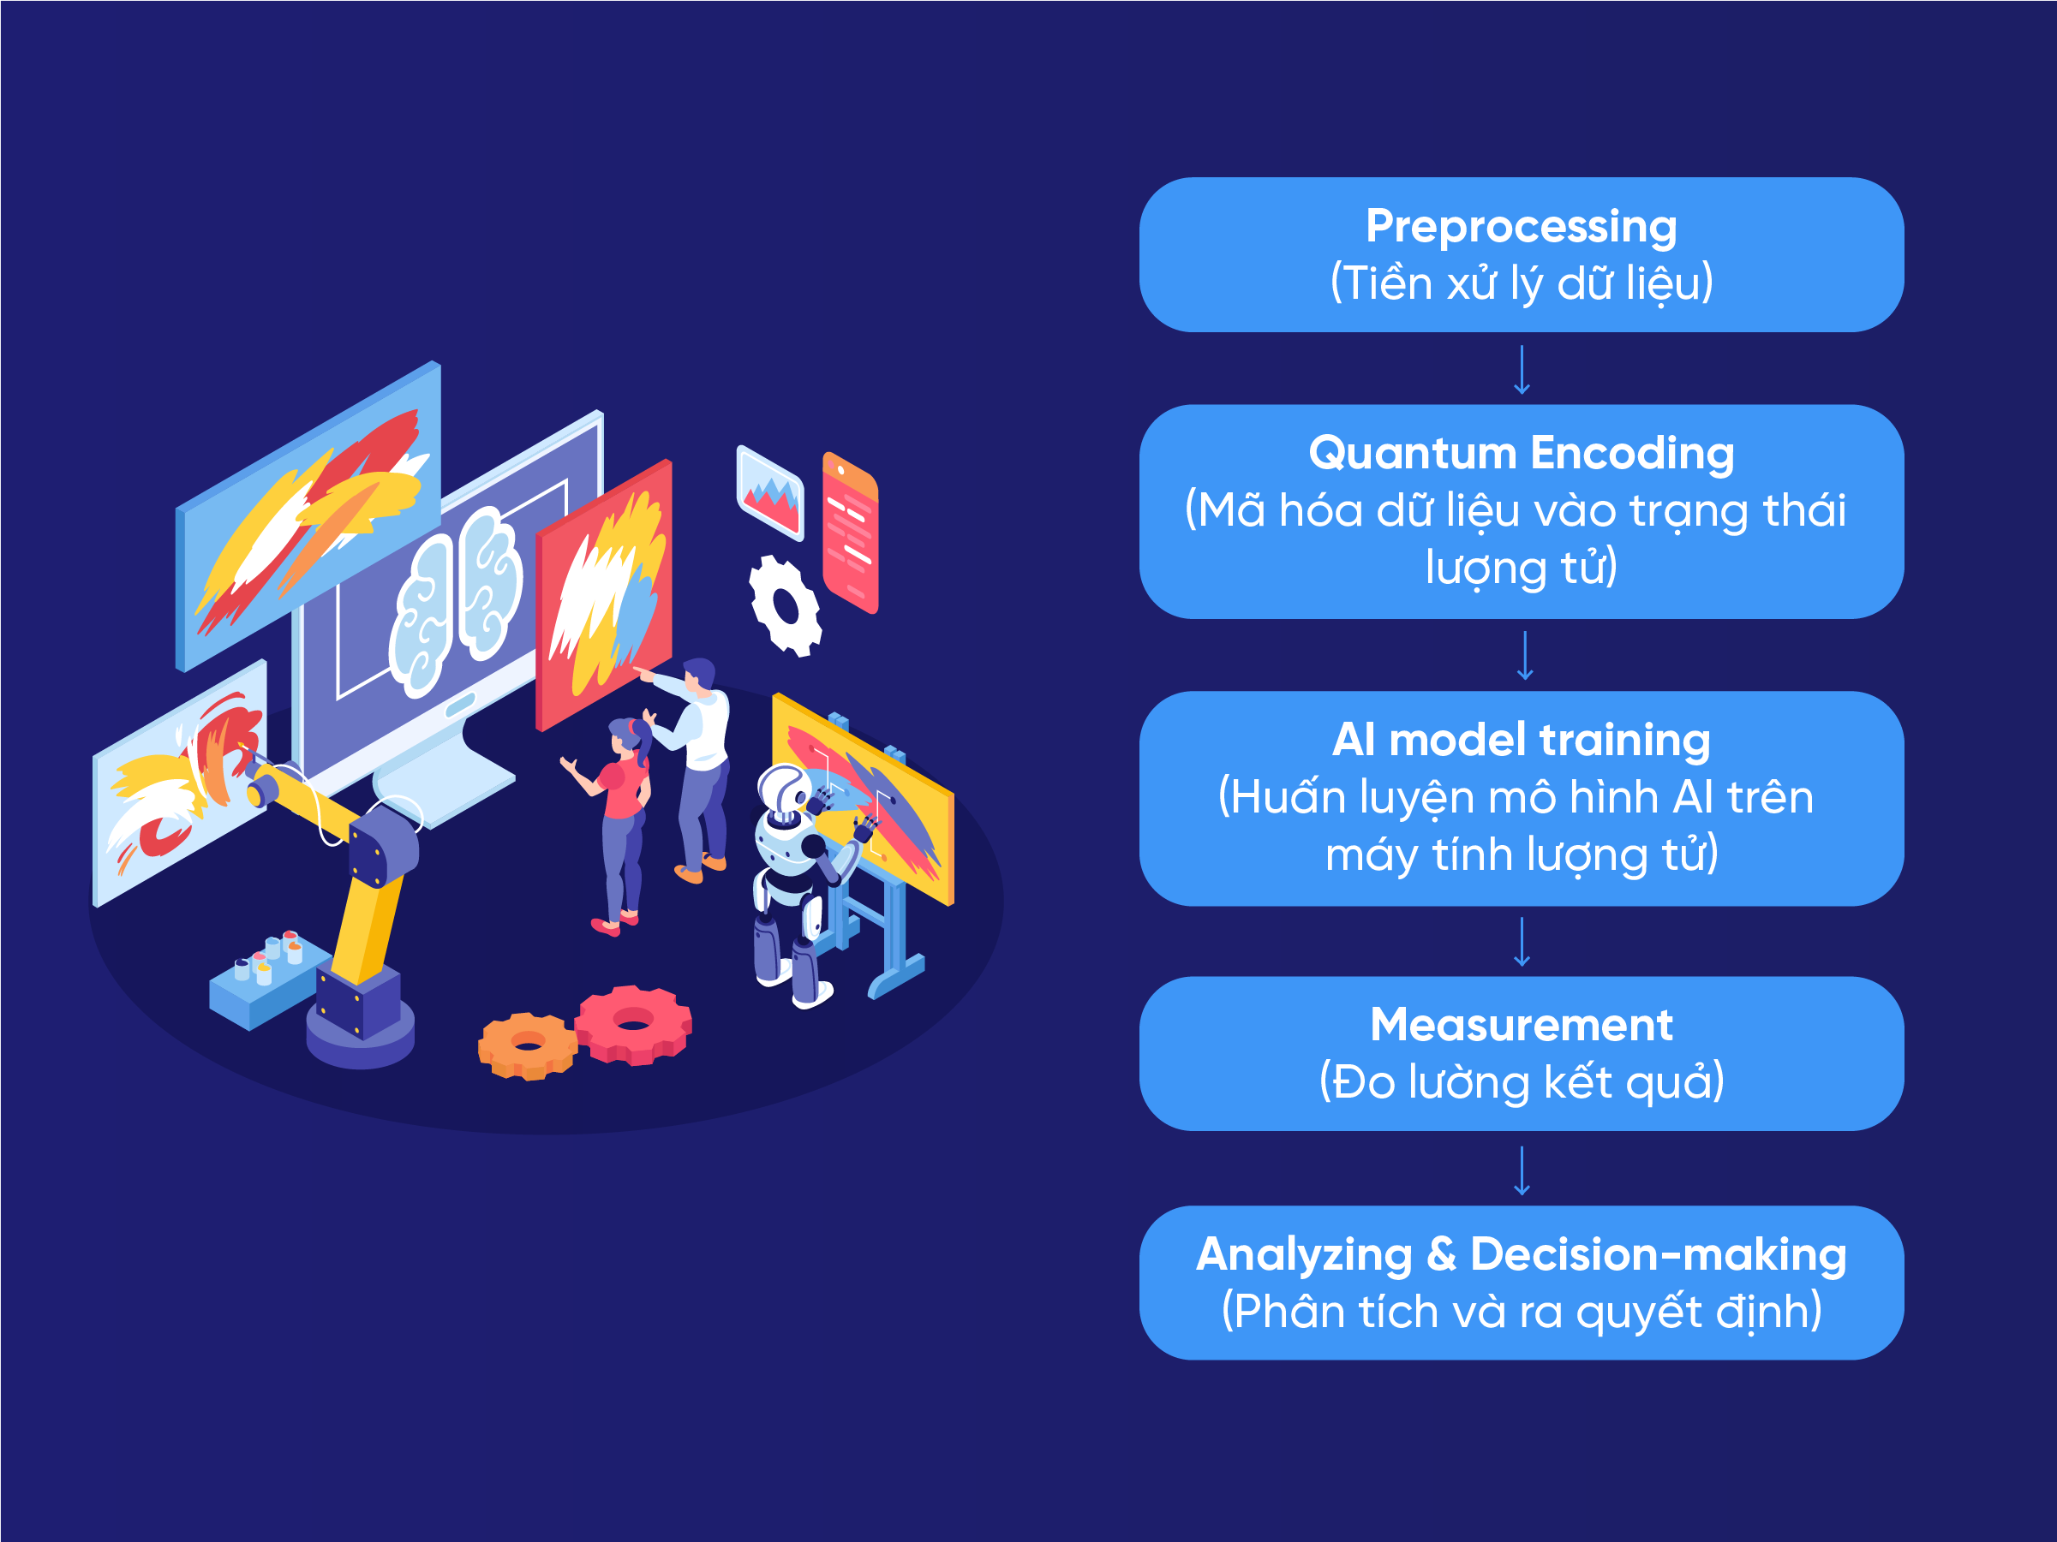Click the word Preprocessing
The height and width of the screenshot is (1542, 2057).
tap(1522, 228)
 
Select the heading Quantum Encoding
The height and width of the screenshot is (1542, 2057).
tap(1522, 454)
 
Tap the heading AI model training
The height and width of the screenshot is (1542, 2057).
tap(1522, 741)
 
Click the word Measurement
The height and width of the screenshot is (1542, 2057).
tap(1522, 1025)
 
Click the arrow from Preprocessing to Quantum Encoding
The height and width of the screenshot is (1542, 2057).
tap(1522, 370)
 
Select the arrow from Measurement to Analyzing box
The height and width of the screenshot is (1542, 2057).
tap(1522, 1171)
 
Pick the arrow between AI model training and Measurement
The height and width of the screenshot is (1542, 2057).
tap(1522, 943)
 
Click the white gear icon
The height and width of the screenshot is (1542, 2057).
tap(786, 606)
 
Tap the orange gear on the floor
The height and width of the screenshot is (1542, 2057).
tap(527, 1046)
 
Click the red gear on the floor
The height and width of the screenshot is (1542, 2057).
tap(633, 1025)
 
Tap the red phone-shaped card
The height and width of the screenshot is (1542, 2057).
tap(850, 533)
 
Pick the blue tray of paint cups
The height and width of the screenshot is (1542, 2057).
tap(269, 980)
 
